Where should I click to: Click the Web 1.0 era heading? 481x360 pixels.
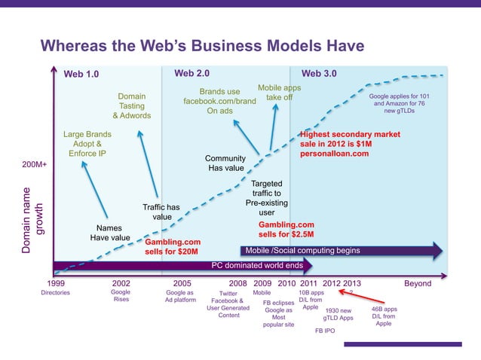81,74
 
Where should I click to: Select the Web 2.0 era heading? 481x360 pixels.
191,74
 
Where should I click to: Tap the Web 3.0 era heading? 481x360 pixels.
319,74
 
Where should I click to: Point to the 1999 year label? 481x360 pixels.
57,283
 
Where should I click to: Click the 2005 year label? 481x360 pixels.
182,283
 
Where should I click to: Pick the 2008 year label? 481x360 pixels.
238,283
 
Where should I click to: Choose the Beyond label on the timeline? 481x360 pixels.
418,283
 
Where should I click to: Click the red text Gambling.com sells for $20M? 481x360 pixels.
172,246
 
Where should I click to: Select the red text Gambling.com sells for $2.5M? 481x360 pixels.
286,230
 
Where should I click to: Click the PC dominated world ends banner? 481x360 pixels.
256,265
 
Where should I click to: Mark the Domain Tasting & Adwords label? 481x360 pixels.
132,106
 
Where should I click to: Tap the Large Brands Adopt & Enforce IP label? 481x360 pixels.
87,144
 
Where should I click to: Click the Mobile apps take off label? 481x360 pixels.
279,93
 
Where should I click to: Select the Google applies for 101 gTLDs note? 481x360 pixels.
399,104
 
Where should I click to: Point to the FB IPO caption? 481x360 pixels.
325,331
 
